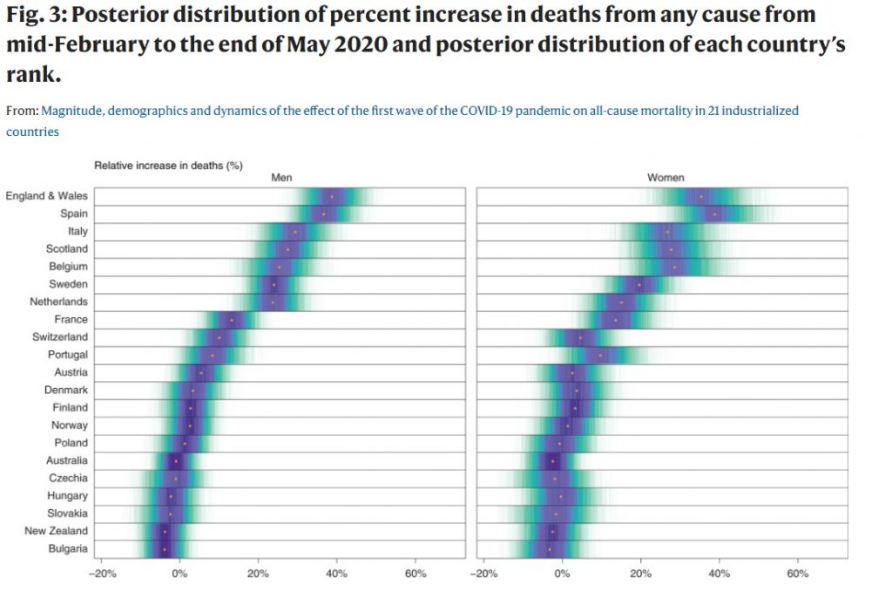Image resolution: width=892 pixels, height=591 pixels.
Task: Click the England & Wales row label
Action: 46,196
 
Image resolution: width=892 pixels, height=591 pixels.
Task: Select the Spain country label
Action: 73,214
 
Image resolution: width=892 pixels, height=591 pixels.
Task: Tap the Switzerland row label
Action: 60,337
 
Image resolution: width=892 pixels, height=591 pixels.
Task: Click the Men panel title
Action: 281,178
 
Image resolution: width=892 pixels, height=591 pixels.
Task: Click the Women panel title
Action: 665,178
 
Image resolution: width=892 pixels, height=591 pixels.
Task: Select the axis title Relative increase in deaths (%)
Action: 168,165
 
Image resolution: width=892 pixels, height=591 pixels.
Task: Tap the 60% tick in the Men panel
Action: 416,574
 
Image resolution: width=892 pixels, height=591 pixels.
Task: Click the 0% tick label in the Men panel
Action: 179,574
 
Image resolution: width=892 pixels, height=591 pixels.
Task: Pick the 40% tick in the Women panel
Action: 720,574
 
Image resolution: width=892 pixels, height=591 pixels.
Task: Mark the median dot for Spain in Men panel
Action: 323,214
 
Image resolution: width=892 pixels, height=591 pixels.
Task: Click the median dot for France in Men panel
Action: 231,320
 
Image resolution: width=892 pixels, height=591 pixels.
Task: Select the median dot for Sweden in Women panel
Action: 639,284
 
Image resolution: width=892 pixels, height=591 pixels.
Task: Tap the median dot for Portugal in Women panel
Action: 600,355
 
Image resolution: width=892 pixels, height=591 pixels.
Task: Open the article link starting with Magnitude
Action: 419,112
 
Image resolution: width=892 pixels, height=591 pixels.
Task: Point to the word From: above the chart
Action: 22,112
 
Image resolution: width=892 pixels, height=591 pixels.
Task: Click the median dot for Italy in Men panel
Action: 295,232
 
